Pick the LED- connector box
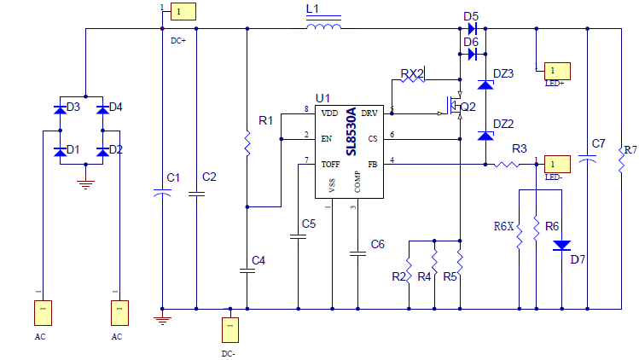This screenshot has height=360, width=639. [555, 163]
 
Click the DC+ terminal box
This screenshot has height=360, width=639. [183, 11]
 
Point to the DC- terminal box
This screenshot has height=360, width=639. [229, 329]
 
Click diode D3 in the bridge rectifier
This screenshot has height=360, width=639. [61, 109]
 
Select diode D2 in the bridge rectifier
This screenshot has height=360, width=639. [103, 151]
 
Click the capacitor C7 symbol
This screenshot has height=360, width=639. [588, 159]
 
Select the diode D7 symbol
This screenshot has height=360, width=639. [561, 246]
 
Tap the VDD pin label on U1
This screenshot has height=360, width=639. [329, 113]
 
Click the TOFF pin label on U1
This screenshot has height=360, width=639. [331, 163]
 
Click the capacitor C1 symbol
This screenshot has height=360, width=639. [162, 195]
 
